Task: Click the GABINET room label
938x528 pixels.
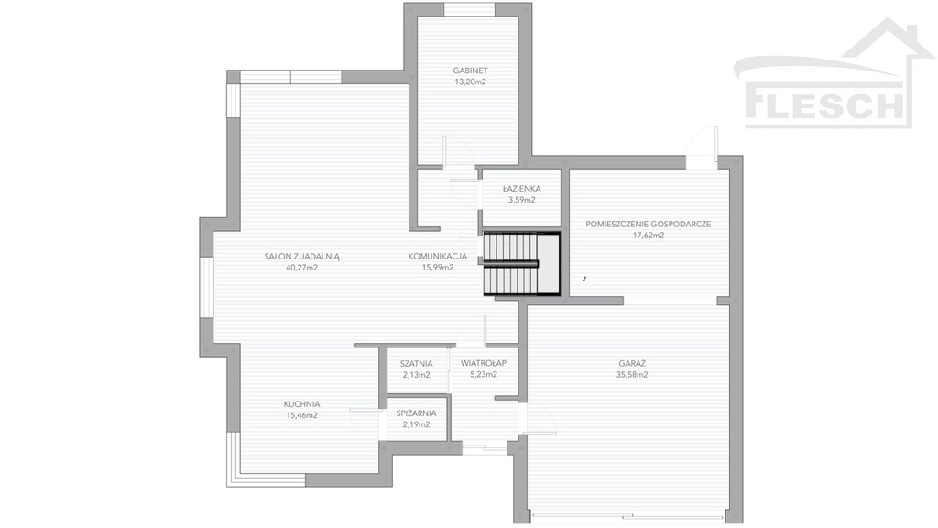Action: (x=470, y=71)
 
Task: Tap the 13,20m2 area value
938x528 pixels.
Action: (x=470, y=82)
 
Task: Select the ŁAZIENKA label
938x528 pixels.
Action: (x=521, y=189)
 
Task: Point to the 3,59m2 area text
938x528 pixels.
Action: (x=521, y=200)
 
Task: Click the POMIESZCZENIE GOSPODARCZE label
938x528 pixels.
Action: (x=649, y=224)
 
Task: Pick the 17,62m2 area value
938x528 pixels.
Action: (x=649, y=236)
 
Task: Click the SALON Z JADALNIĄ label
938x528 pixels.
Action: (x=302, y=257)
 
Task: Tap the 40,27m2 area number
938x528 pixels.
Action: (x=302, y=268)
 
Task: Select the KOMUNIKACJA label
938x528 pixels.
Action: (x=437, y=257)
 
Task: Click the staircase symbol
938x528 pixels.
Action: (x=521, y=264)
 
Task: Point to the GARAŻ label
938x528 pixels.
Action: (x=632, y=363)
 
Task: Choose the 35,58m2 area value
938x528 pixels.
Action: (x=632, y=375)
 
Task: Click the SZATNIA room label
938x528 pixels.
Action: (x=417, y=363)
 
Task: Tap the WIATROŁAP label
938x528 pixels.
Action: (x=484, y=363)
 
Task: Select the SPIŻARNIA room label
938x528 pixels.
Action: (x=417, y=413)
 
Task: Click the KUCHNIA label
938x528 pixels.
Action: (x=301, y=404)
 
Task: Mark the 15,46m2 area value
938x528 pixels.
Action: (x=301, y=415)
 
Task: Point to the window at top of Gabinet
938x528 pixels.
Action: (x=469, y=9)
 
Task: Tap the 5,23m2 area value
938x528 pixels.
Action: (x=484, y=375)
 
